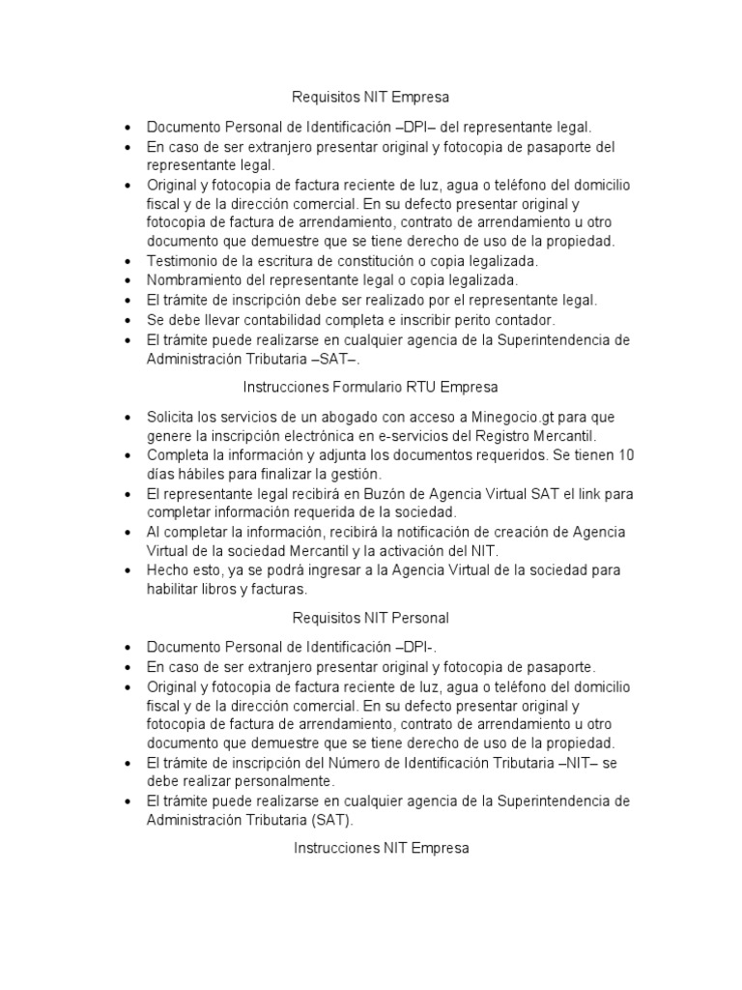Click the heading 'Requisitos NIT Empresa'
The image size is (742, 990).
(371, 98)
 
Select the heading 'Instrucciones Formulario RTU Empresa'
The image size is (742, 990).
(371, 387)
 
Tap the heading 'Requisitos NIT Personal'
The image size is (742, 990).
(371, 617)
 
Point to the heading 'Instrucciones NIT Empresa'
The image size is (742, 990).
(371, 848)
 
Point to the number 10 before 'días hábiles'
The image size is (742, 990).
(626, 454)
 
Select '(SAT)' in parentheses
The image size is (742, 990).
(329, 820)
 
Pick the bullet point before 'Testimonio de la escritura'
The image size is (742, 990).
(128, 262)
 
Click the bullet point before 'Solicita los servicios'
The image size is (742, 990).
(128, 417)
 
